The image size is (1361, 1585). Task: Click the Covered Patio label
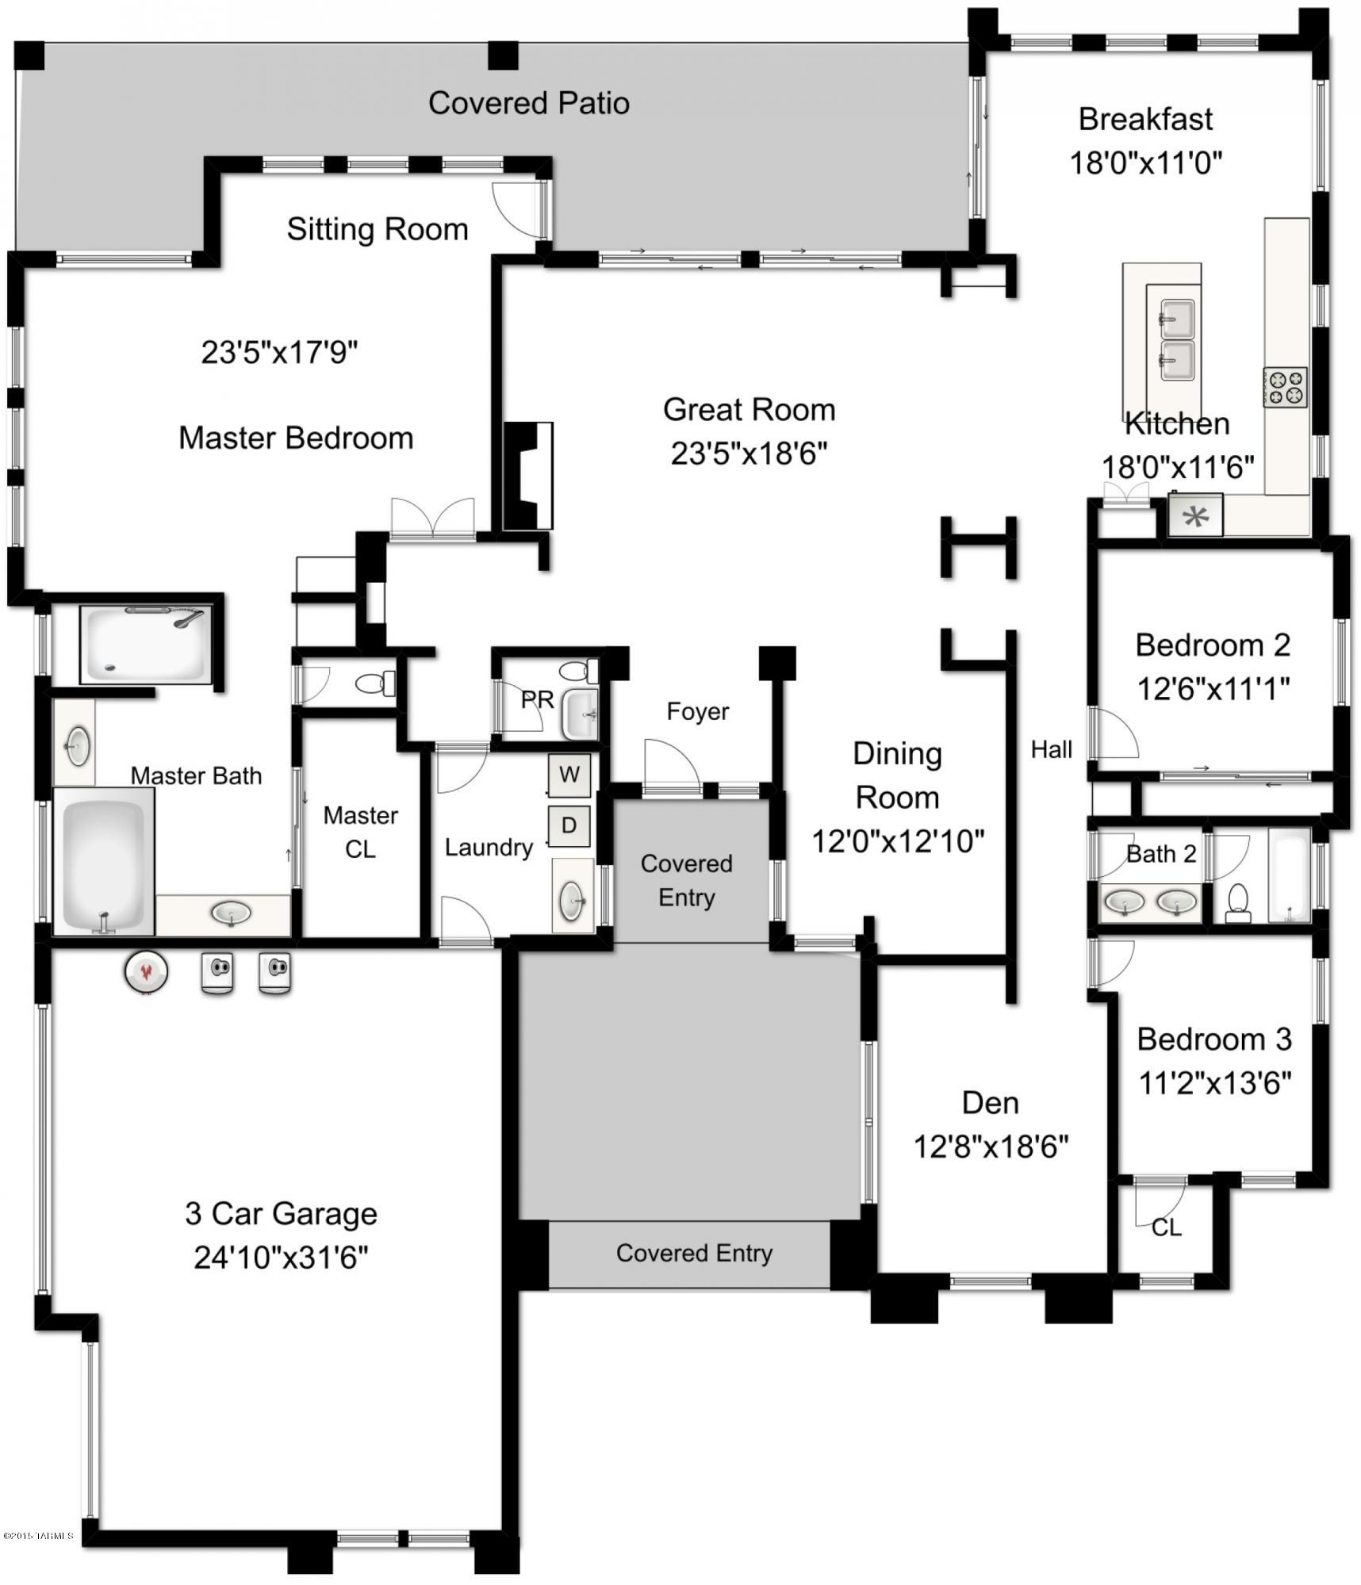[528, 103]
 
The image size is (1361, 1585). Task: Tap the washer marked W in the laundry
[569, 775]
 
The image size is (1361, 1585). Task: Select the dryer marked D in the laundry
[569, 825]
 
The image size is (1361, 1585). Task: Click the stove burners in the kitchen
[1285, 389]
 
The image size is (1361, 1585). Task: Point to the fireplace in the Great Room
[527, 476]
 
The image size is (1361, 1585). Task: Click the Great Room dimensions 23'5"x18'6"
[749, 454]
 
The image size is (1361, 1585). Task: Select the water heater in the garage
[146, 971]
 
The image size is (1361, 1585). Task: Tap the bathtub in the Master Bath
[103, 860]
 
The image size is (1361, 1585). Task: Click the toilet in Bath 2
[1238, 903]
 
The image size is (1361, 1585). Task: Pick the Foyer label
[697, 711]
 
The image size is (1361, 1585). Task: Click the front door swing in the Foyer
[671, 766]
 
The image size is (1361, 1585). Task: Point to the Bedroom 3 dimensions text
[1214, 1082]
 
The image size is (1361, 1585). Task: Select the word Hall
[1051, 749]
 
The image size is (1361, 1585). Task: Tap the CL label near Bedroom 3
[1166, 1227]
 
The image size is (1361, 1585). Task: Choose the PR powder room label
[537, 699]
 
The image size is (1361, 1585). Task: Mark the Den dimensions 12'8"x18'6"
[991, 1147]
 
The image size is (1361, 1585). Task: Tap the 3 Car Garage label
[281, 1213]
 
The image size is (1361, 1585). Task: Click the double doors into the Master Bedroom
[432, 519]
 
